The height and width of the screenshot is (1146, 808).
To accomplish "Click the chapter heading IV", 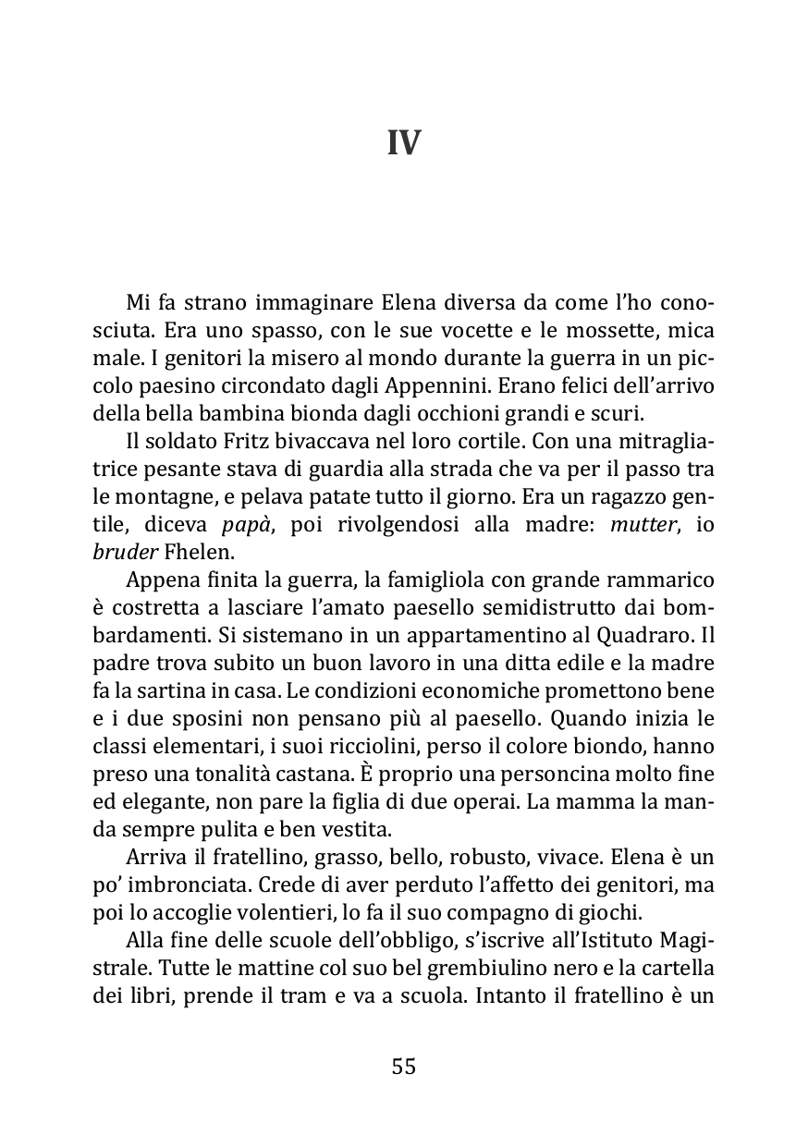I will tap(404, 143).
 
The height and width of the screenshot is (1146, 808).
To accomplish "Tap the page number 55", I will tap(404, 1067).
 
